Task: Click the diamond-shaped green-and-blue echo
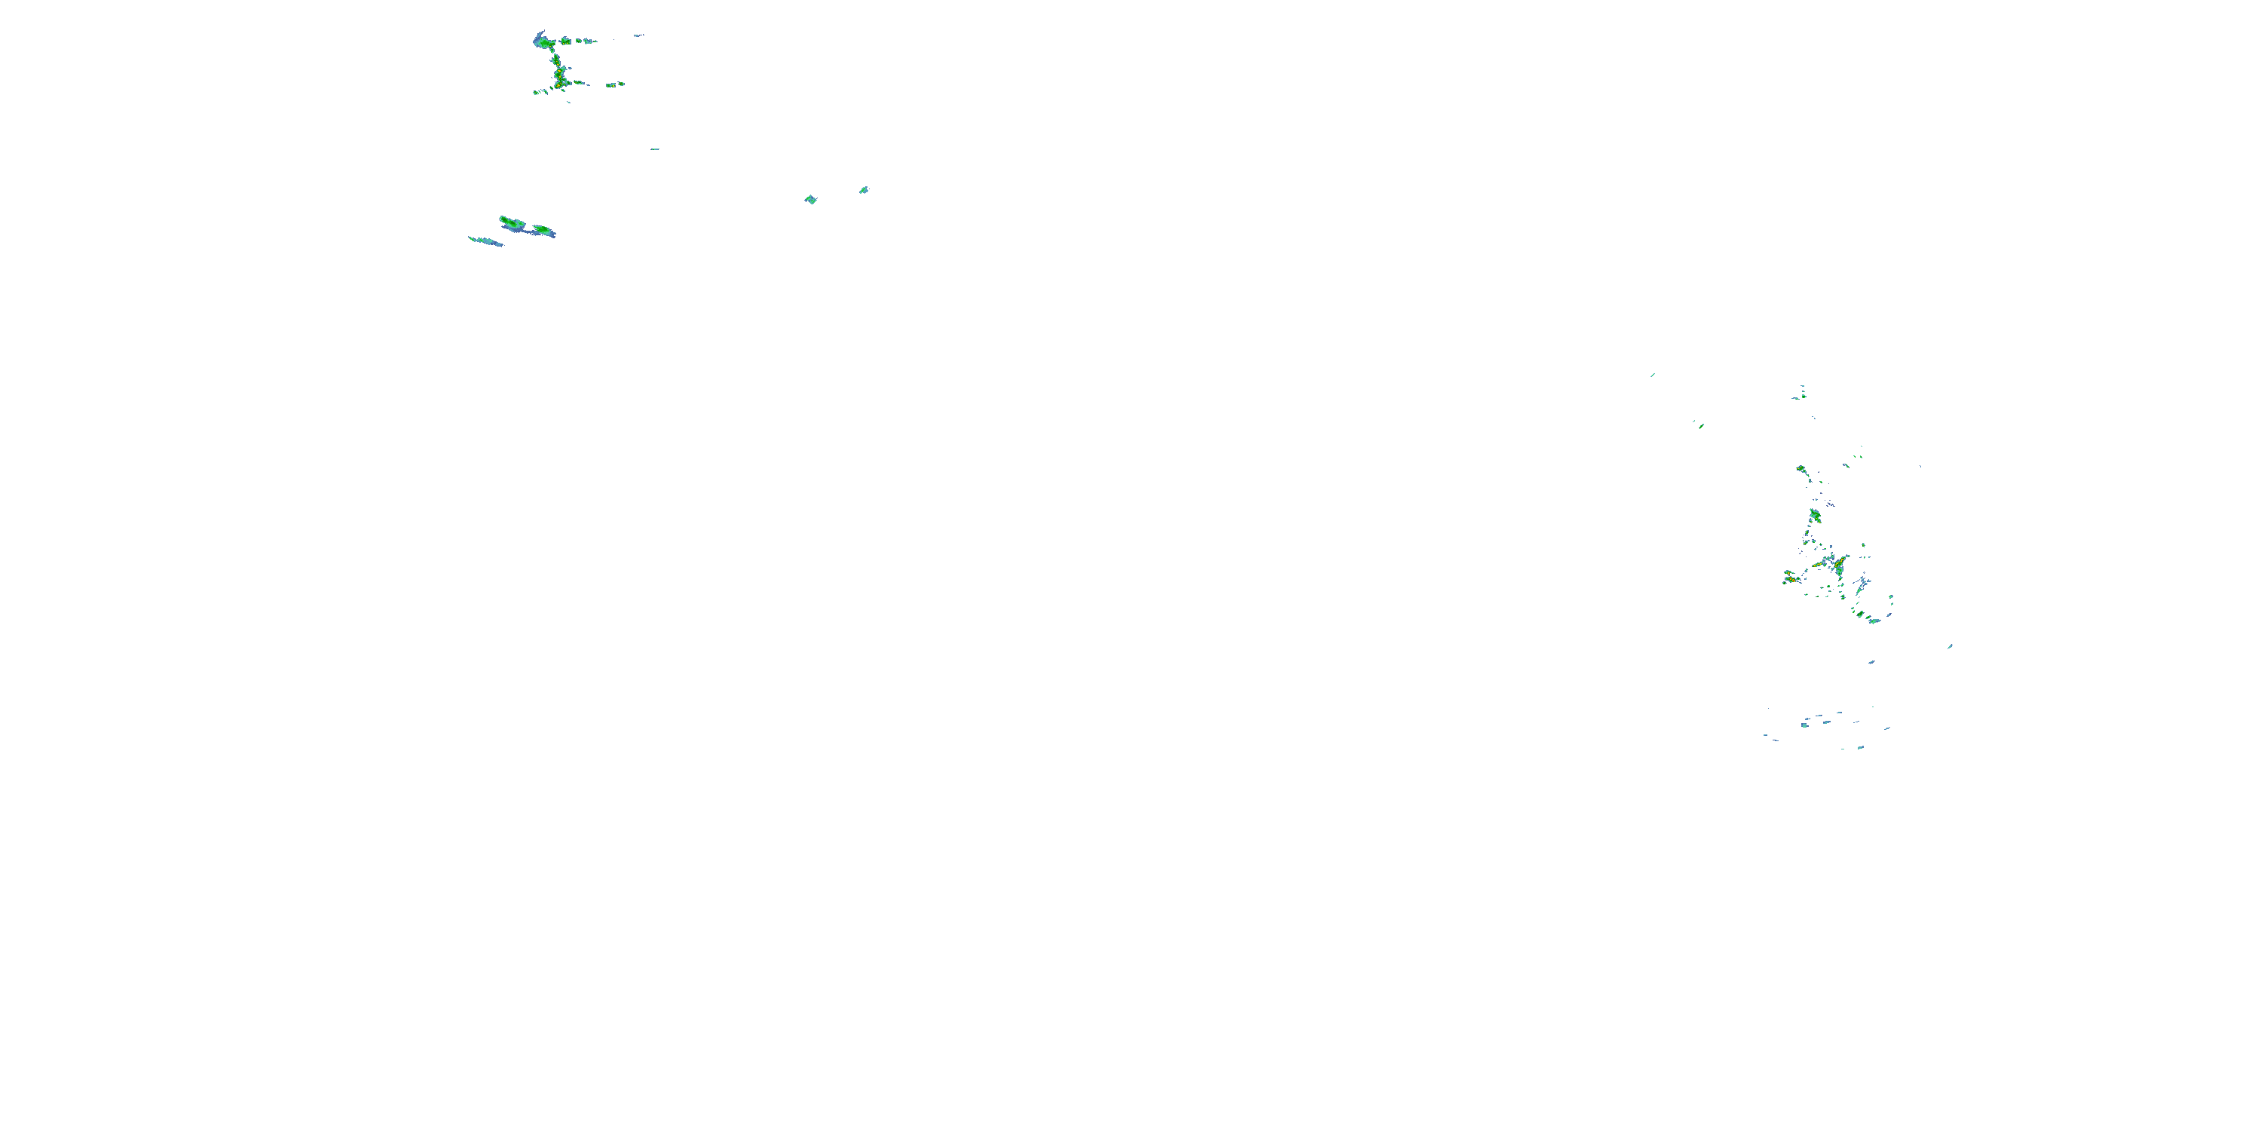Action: click(810, 199)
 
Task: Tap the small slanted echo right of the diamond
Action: click(864, 190)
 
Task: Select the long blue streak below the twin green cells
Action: click(485, 241)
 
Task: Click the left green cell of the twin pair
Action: click(511, 222)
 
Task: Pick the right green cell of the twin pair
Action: click(543, 230)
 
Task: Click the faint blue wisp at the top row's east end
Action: click(639, 35)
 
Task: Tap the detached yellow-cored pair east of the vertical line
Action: click(615, 84)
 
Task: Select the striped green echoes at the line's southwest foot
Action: click(539, 91)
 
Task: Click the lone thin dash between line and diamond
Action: click(655, 149)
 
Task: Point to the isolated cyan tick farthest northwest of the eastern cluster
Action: click(1653, 375)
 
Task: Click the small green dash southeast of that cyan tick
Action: click(1701, 426)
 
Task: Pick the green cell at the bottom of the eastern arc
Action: click(1873, 620)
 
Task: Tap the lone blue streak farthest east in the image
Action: click(1950, 646)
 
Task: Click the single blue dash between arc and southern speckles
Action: click(1871, 662)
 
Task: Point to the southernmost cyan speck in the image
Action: click(1859, 747)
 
